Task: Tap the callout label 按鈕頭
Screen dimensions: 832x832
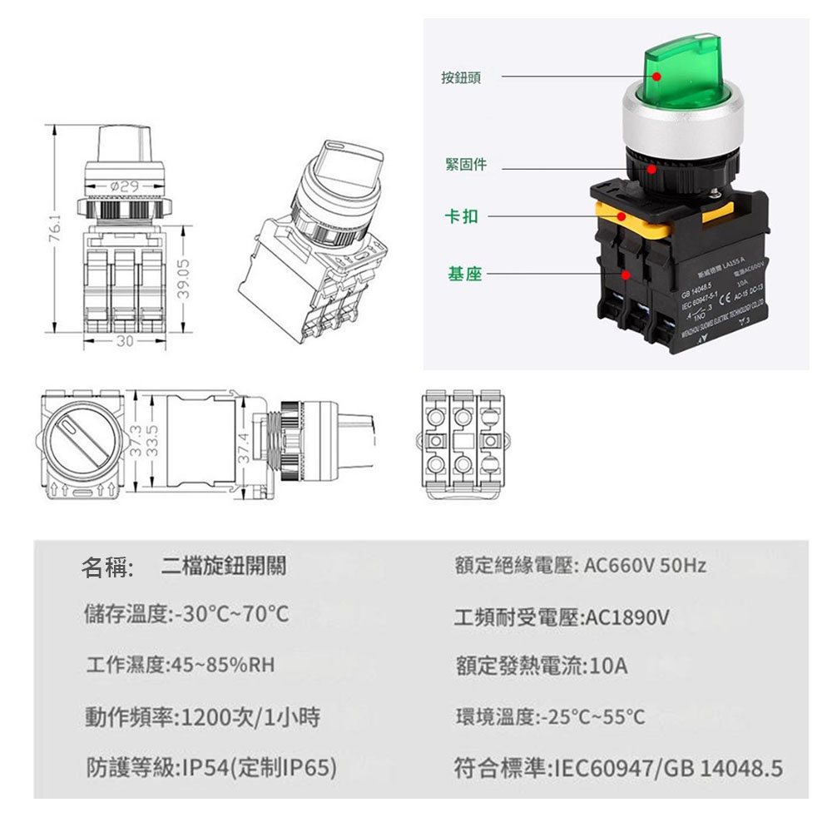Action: coord(460,77)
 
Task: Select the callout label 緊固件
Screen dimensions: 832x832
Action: coord(466,165)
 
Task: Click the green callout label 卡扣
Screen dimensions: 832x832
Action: coord(463,216)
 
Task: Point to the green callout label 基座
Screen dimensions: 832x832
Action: coord(464,274)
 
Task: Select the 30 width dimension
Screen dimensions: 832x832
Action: coord(124,341)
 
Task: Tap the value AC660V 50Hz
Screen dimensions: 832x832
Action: coord(645,567)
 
